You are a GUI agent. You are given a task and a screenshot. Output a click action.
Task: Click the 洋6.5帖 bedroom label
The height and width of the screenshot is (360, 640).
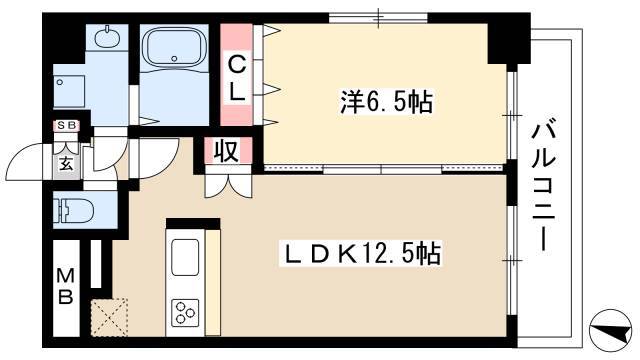[x=386, y=102]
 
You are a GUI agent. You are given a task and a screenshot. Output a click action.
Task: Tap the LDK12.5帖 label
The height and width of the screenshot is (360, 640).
[x=361, y=253]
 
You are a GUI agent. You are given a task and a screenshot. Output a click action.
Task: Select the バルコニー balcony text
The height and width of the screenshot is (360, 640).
[x=544, y=187]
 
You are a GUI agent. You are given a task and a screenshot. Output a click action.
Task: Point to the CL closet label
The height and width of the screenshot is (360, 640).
[x=236, y=78]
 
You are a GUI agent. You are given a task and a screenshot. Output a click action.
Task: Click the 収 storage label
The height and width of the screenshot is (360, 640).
[x=227, y=151]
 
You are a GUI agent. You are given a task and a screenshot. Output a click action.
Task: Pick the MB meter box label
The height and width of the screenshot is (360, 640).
[x=65, y=287]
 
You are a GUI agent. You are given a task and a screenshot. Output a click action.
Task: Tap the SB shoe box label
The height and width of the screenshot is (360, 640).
[x=66, y=126]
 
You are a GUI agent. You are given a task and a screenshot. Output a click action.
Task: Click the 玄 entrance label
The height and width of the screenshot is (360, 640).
[x=67, y=164]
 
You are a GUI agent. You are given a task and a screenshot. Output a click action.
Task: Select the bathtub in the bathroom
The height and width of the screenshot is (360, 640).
[x=175, y=49]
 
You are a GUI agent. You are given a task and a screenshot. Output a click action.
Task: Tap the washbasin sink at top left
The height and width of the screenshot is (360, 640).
[x=107, y=38]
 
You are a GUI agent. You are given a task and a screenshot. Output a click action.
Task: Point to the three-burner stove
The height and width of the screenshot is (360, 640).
[x=185, y=312]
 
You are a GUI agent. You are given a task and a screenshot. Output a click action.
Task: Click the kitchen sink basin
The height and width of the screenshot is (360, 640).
[x=185, y=257]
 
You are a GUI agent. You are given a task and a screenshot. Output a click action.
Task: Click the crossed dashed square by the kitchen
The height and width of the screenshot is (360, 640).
[x=109, y=317]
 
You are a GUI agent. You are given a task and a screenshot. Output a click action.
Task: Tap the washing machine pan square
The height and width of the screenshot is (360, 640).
[x=69, y=92]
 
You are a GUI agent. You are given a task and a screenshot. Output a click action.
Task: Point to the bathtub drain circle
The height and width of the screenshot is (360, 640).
[x=175, y=58]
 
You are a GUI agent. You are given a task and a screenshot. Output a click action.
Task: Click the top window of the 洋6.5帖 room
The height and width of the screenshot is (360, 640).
[x=378, y=18]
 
